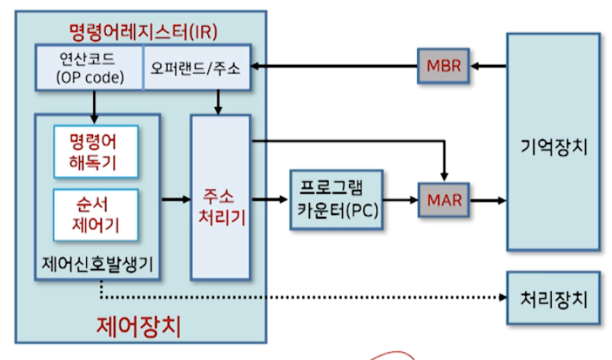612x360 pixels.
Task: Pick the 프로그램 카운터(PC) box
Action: (337, 200)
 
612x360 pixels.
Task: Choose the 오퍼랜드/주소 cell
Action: (197, 67)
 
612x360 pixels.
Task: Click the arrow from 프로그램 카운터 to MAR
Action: (401, 200)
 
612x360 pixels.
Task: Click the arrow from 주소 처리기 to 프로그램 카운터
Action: (270, 200)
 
